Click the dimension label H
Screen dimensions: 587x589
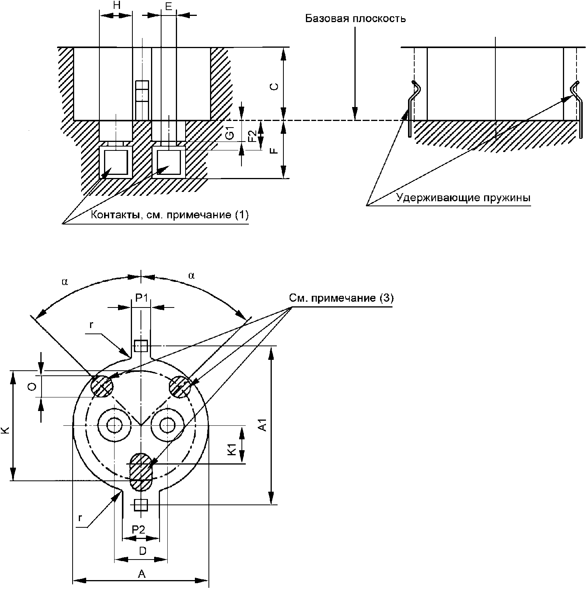click(116, 6)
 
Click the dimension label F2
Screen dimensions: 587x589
click(252, 136)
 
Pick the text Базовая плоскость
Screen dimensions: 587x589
click(355, 19)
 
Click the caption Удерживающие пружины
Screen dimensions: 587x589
click(463, 198)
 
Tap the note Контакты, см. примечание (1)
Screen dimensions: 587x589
click(170, 215)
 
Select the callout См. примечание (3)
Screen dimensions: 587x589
click(341, 298)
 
